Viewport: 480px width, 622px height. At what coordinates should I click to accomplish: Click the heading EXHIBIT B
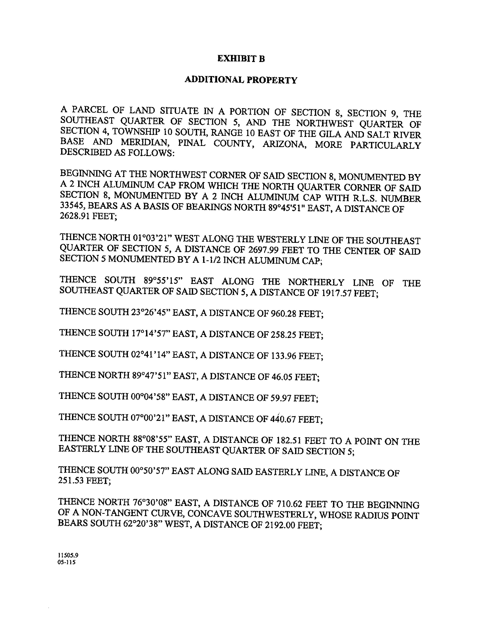[x=241, y=59]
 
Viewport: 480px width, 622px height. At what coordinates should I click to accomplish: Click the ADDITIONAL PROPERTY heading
[x=241, y=80]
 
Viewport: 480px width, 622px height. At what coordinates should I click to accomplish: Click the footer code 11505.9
[x=68, y=555]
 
